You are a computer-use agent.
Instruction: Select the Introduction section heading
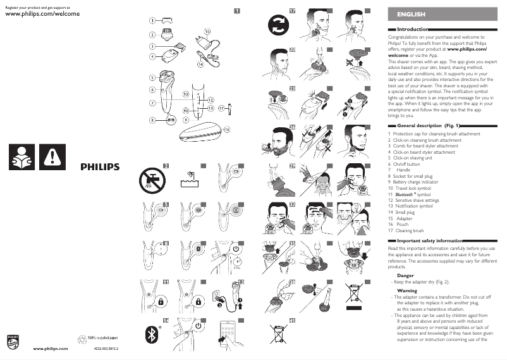(x=412, y=29)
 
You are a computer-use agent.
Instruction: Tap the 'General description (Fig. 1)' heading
(x=428, y=127)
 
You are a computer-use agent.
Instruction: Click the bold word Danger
(x=405, y=276)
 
